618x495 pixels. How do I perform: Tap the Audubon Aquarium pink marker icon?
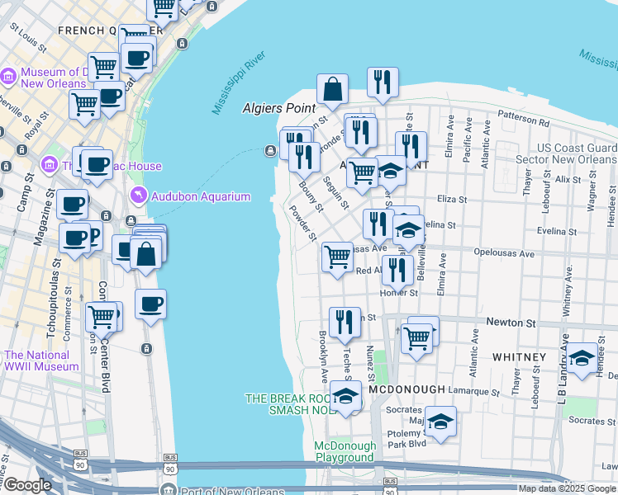click(x=138, y=195)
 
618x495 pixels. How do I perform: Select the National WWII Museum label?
click(x=41, y=361)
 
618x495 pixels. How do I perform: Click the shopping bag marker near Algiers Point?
click(x=332, y=89)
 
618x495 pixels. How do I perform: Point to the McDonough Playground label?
click(x=345, y=451)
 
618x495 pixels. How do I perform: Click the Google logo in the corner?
click(x=27, y=485)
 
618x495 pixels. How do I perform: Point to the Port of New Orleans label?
click(x=222, y=489)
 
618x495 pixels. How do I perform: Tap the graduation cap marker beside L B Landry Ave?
click(x=582, y=358)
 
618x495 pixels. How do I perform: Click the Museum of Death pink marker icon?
click(x=8, y=77)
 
